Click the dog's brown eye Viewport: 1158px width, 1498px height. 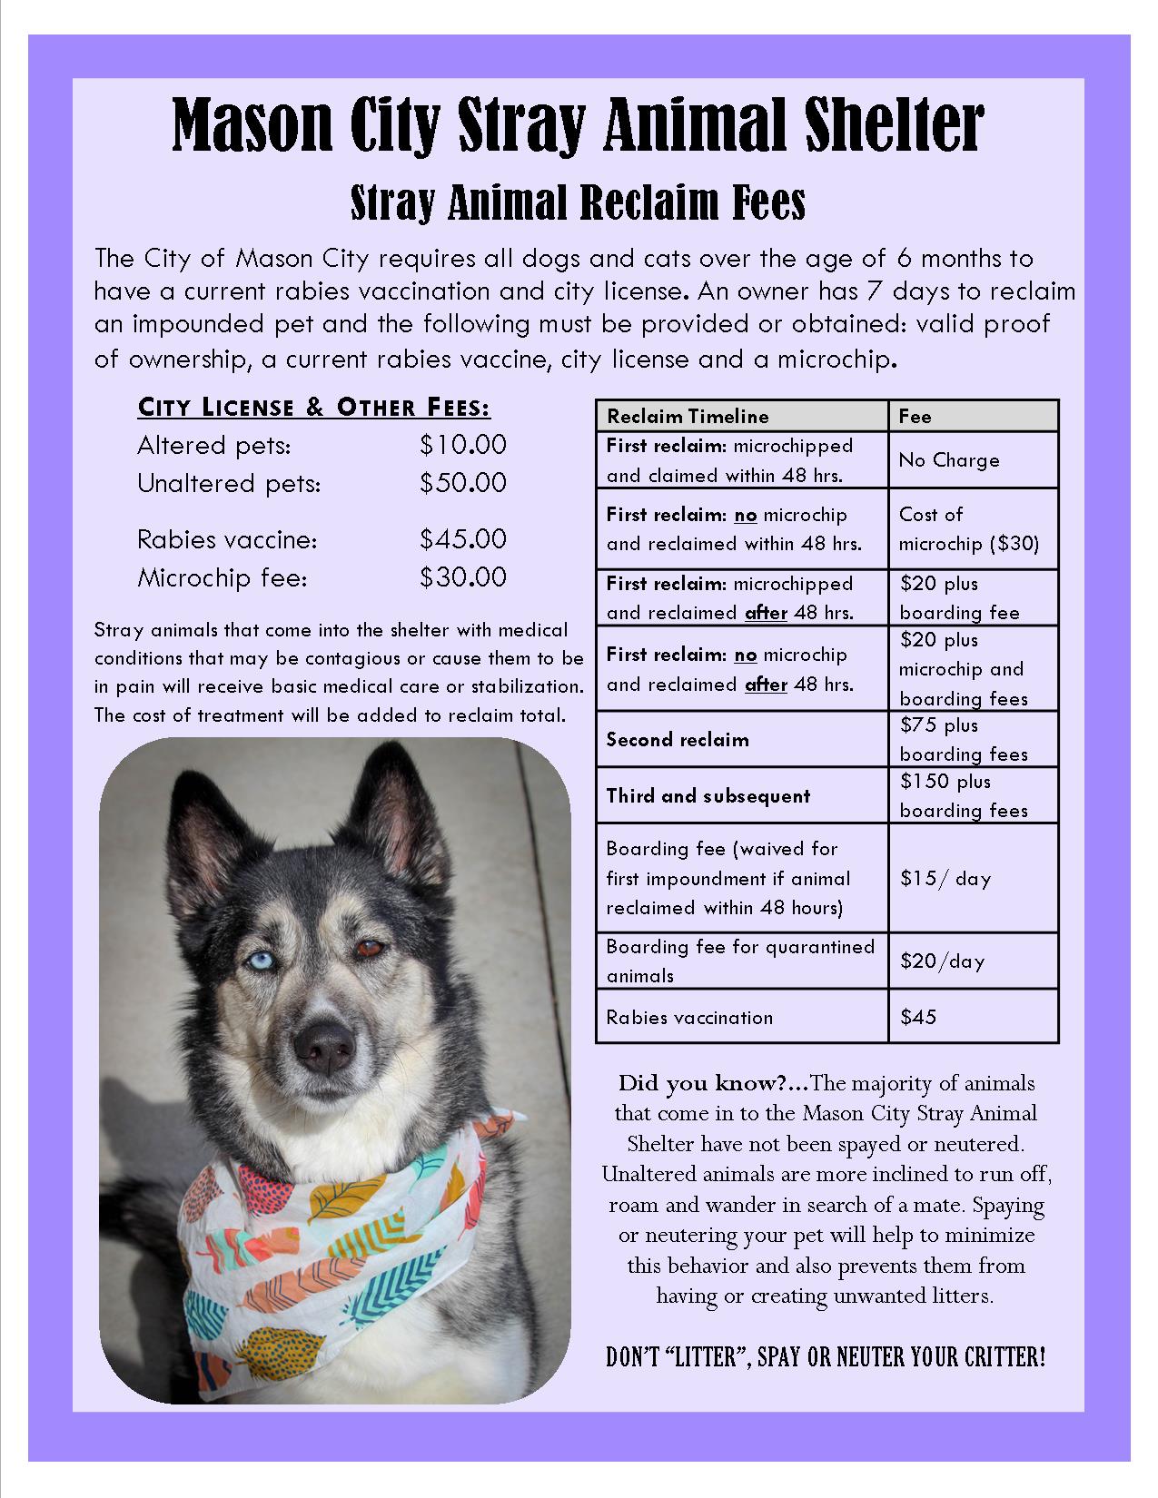369,950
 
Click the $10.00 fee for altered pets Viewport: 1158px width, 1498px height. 462,445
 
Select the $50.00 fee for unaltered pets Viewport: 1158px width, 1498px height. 462,482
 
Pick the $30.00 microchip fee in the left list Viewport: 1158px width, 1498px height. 462,577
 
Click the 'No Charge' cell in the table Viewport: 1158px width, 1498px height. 949,459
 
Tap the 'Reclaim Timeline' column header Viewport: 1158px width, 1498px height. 688,416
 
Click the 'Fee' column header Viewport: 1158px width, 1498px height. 915,416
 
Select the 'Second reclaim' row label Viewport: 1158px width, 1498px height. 678,739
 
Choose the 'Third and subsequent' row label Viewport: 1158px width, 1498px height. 708,796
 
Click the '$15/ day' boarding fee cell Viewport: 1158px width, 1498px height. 945,878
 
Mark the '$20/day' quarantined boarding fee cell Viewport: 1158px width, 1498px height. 942,961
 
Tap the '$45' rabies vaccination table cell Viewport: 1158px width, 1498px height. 917,1017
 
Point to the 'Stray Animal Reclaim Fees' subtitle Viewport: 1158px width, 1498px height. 578,203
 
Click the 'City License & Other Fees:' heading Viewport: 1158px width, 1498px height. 314,408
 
